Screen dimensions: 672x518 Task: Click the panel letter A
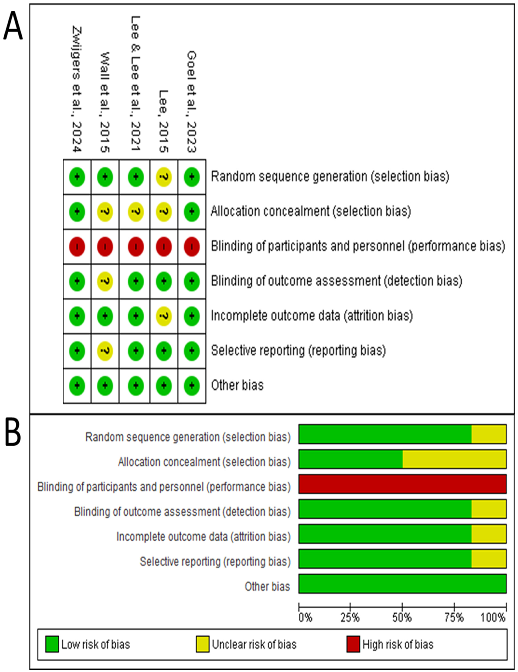(13, 26)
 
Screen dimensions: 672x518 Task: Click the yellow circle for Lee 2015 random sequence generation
(164, 177)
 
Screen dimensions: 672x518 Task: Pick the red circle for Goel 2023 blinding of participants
(192, 246)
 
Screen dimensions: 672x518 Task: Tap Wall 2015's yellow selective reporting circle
(105, 351)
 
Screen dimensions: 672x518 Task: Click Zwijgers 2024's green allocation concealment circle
(77, 212)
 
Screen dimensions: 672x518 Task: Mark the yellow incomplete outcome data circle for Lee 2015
(164, 316)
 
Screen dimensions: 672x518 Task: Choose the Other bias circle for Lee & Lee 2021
(136, 386)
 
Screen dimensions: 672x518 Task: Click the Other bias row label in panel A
(237, 385)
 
